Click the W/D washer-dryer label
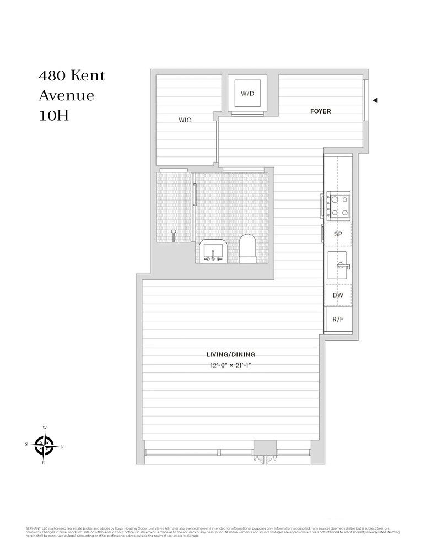[247, 94]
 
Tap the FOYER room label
[320, 111]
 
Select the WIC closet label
[185, 120]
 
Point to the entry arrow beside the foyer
[375, 100]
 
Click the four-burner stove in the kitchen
[337, 206]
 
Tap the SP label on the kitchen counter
[338, 234]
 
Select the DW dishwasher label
[338, 295]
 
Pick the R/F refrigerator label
[338, 320]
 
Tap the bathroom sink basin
[212, 252]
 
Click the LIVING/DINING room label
[230, 355]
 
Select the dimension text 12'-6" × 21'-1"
[230, 365]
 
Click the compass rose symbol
[44, 445]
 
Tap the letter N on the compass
[62, 446]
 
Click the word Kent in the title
[86, 75]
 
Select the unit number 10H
[53, 116]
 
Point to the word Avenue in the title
[66, 96]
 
